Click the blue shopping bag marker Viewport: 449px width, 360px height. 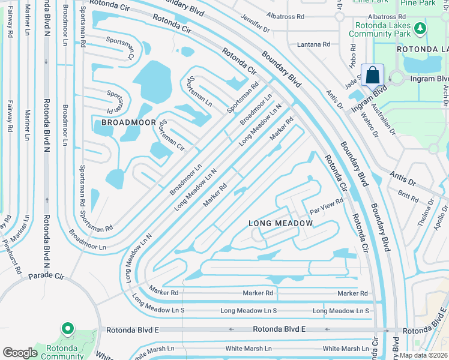[372, 76]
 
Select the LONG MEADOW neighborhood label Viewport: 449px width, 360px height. [281, 223]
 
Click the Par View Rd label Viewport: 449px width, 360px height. [326, 206]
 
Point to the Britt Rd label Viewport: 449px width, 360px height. [408, 194]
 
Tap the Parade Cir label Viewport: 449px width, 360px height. [43, 276]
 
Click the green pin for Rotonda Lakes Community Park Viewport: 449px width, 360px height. [421, 28]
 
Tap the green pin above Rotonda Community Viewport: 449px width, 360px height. [67, 329]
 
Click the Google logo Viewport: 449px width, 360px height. [20, 353]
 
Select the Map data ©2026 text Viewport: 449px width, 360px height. [424, 355]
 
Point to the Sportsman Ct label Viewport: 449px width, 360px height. [119, 48]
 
